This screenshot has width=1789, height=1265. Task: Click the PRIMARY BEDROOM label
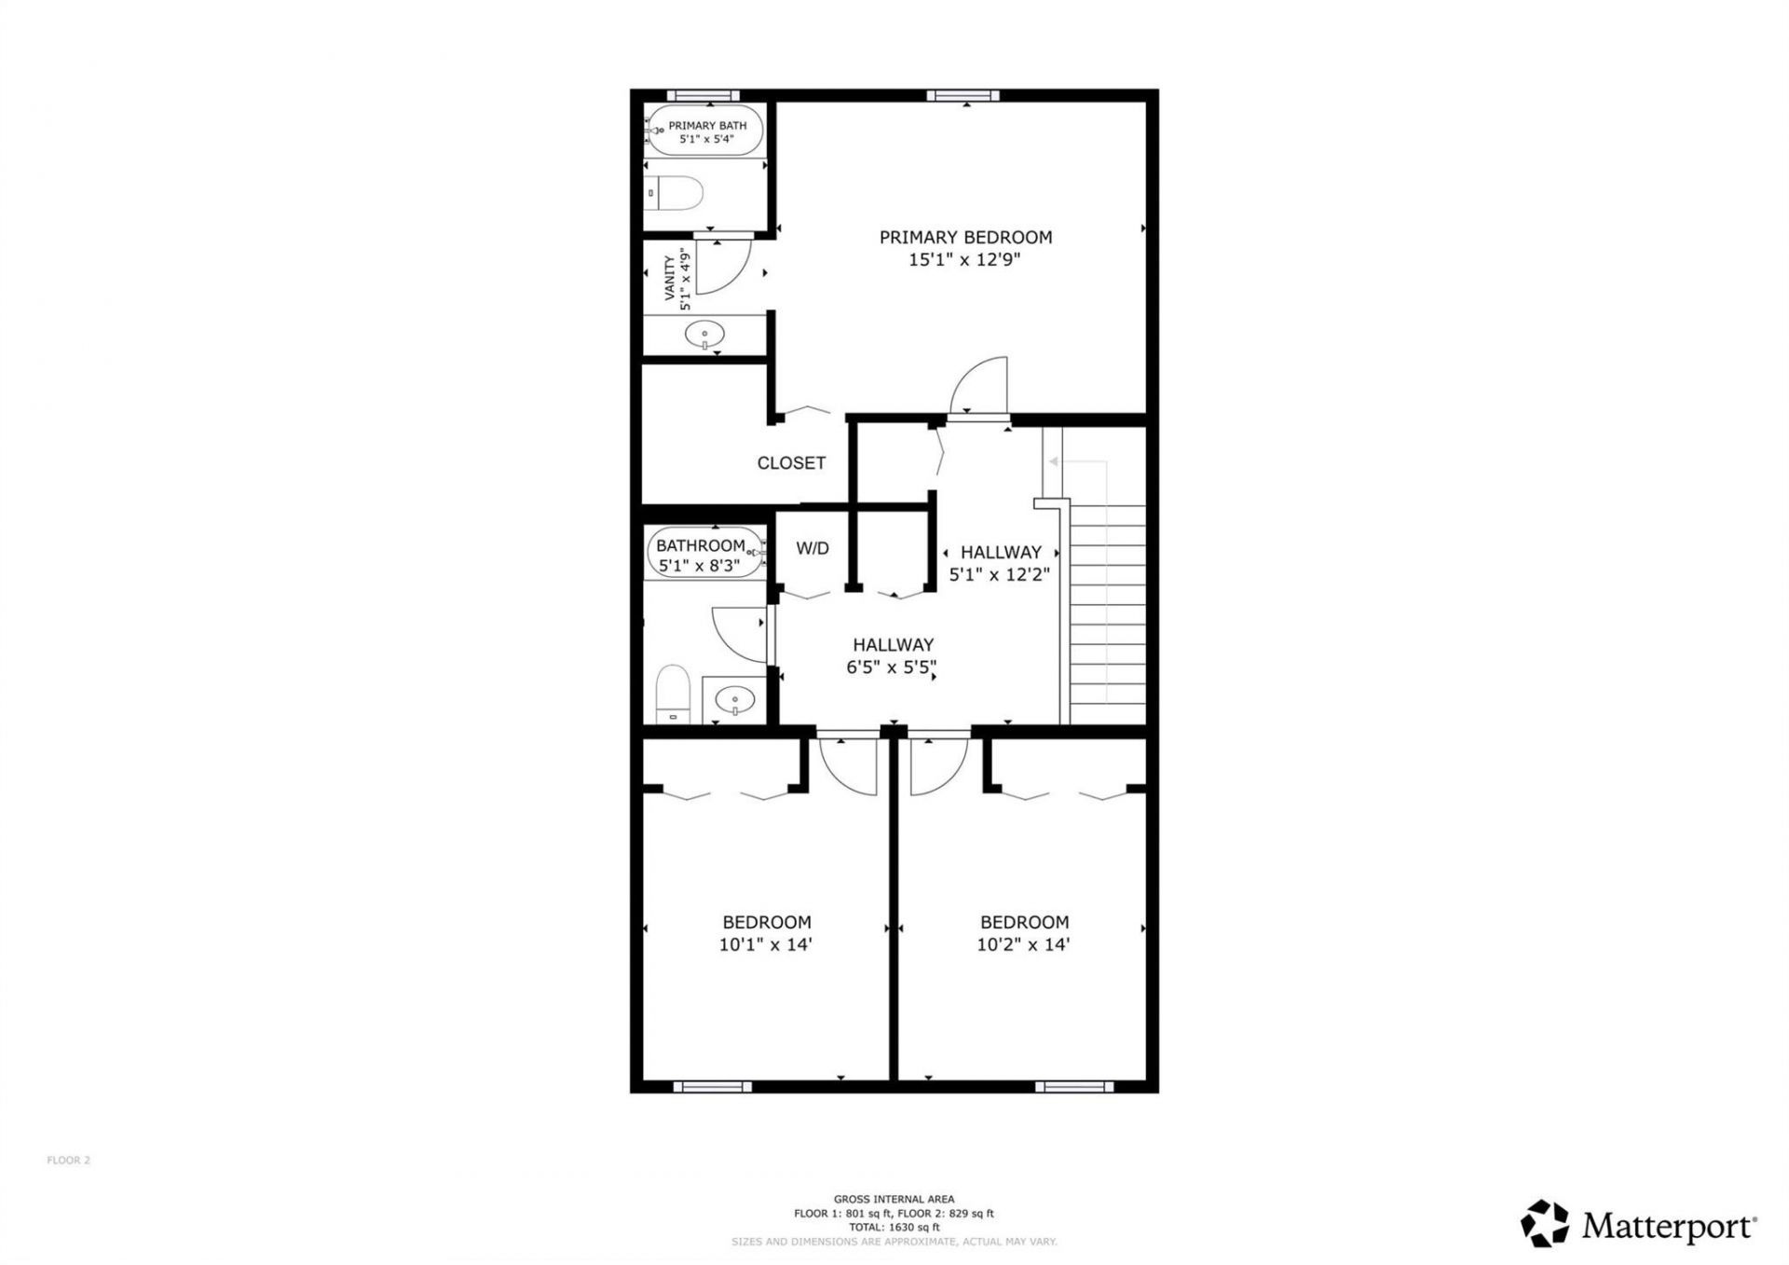click(965, 238)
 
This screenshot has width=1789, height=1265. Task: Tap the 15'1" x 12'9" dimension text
click(964, 260)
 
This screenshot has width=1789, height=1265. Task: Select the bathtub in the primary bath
click(705, 131)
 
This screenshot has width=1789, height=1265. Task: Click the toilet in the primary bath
click(674, 194)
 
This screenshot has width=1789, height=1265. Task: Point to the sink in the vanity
click(704, 334)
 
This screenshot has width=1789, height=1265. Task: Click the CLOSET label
click(791, 463)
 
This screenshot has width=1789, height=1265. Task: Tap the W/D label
click(812, 548)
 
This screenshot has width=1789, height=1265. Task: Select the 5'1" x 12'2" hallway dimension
click(999, 575)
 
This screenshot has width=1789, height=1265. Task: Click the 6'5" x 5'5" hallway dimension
click(891, 667)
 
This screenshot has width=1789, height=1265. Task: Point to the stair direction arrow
click(1054, 461)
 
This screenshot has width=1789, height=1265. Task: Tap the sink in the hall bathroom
click(735, 699)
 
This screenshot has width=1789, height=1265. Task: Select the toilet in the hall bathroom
click(671, 692)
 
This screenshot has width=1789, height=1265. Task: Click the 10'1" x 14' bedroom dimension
click(765, 944)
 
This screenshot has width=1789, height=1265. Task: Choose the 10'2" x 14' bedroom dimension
click(1022, 944)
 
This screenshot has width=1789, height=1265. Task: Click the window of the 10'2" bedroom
click(1073, 1086)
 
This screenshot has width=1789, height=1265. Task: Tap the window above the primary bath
click(703, 95)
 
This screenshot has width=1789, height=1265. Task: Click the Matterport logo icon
click(1544, 1223)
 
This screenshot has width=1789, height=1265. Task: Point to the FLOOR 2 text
click(68, 1161)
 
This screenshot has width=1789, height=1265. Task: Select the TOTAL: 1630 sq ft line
click(894, 1228)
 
